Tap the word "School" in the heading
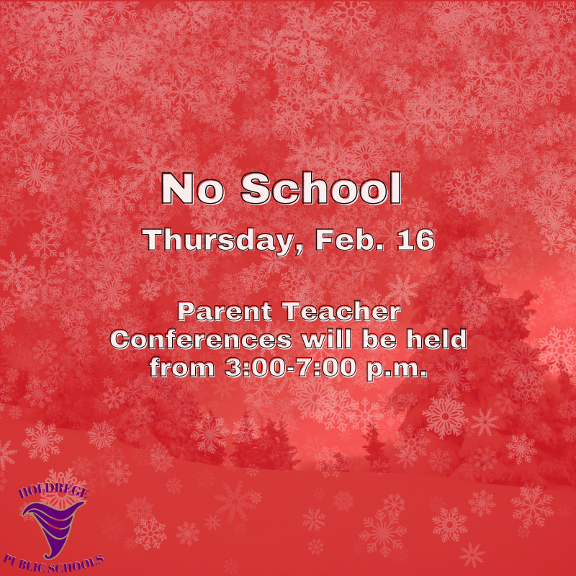[320, 189]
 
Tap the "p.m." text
[398, 368]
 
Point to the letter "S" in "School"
[253, 189]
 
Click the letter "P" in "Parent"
[185, 313]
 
